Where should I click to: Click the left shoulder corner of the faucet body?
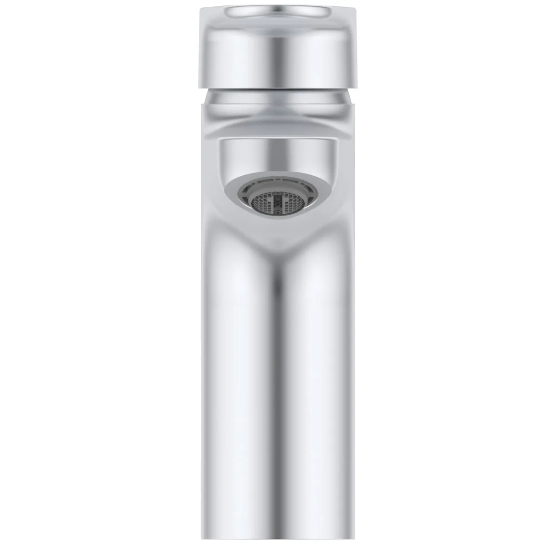[x=201, y=105]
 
